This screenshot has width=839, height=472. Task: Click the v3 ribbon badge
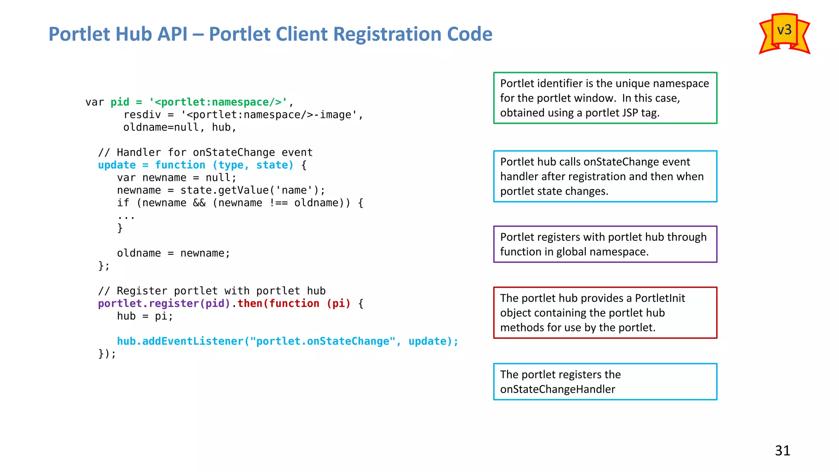(784, 33)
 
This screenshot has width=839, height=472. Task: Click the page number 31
(782, 451)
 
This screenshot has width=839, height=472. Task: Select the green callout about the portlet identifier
(605, 98)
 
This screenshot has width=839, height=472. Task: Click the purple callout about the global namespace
(605, 244)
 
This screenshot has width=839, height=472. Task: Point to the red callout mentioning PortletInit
(605, 313)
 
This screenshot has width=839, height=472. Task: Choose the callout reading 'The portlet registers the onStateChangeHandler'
(605, 381)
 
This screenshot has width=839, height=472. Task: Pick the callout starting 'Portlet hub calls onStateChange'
(605, 176)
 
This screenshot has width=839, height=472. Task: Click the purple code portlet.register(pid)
(164, 304)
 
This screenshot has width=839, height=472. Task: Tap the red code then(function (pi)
(294, 304)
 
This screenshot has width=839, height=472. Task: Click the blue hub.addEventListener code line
(288, 341)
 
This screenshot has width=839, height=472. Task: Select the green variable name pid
(120, 102)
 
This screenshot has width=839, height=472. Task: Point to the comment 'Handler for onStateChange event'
(205, 152)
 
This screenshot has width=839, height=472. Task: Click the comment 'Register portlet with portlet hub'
(212, 291)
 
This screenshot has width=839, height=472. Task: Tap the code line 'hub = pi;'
(145, 316)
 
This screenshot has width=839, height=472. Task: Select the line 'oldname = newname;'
(173, 253)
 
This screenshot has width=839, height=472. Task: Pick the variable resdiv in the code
(142, 115)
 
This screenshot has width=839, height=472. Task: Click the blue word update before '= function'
(117, 165)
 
